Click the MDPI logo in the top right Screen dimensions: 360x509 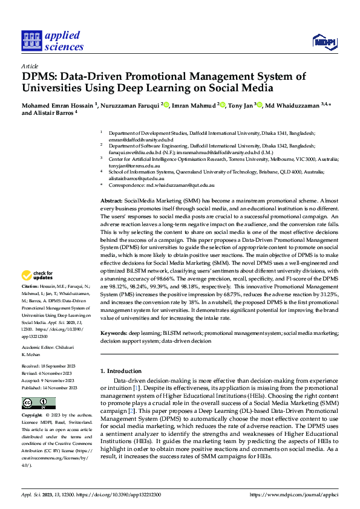point(324,41)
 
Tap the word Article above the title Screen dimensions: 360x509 point(30,66)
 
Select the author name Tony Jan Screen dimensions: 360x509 point(240,106)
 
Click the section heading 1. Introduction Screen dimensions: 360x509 point(120,371)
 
